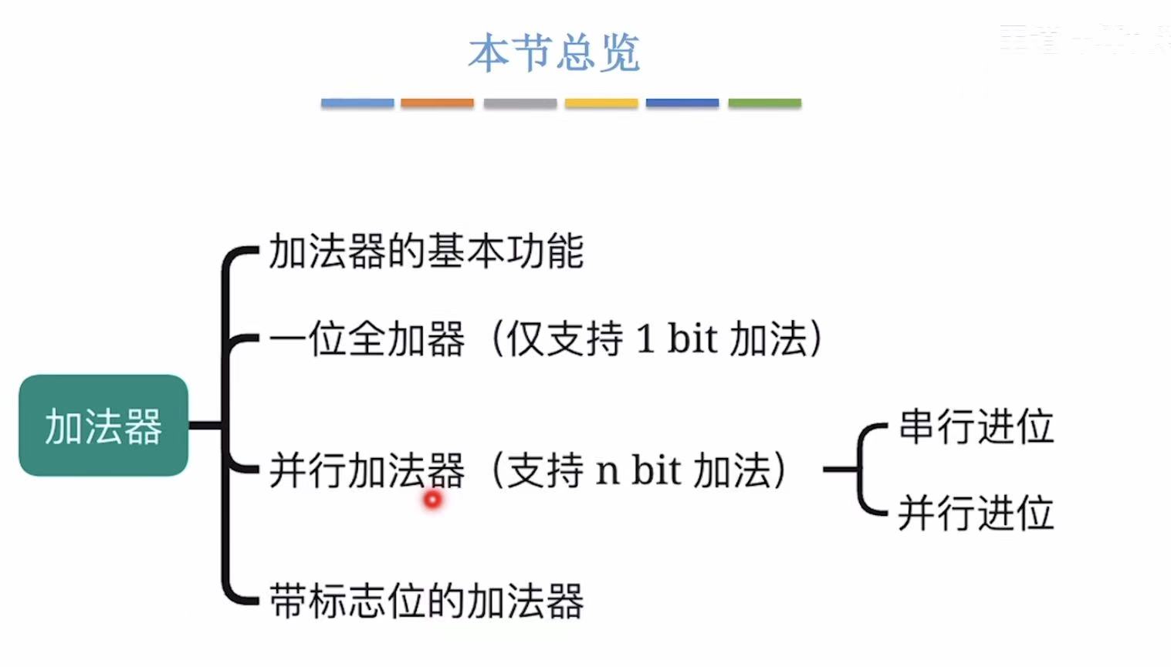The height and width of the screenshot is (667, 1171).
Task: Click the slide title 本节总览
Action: point(553,52)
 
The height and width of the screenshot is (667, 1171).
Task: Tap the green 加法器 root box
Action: point(103,426)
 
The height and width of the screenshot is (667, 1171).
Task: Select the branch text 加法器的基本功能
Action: point(426,251)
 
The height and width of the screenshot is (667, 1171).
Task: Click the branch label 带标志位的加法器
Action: point(426,601)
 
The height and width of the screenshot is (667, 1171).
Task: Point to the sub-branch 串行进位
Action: point(976,426)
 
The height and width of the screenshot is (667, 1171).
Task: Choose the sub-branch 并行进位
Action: point(976,513)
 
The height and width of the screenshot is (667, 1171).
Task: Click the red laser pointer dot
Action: point(432,500)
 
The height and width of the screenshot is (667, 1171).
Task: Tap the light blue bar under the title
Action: point(357,103)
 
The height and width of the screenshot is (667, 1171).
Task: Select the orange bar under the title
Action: point(437,103)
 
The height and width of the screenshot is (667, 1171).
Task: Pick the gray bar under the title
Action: point(520,103)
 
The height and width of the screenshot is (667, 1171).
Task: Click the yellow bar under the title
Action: point(601,103)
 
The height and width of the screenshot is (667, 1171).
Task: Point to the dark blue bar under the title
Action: point(682,103)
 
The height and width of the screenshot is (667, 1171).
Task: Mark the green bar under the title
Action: point(764,103)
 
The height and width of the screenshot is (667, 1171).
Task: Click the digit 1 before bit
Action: point(645,339)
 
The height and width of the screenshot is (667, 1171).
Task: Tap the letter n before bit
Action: point(607,470)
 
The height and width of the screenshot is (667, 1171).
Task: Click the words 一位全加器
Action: point(367,339)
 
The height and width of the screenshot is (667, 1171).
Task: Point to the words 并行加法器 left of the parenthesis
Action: point(367,470)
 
